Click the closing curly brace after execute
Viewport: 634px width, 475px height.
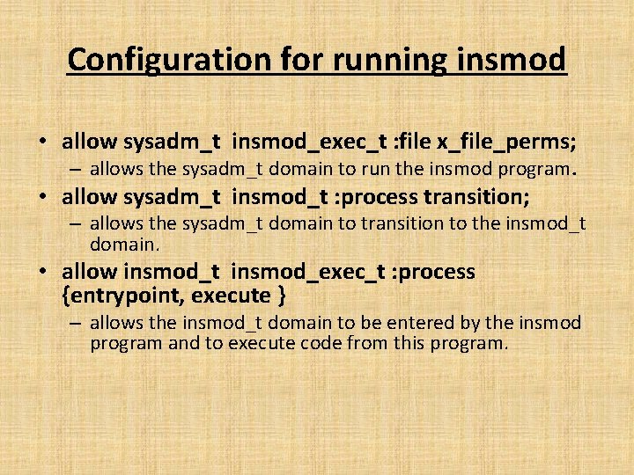click(280, 295)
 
